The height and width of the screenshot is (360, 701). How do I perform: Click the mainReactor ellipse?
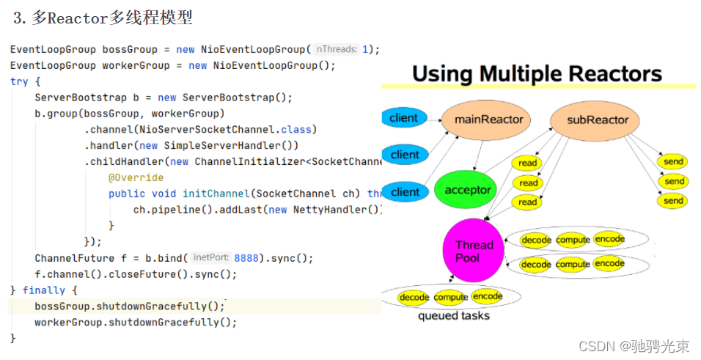coord(489,120)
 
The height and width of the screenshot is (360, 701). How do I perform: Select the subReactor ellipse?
coord(598,120)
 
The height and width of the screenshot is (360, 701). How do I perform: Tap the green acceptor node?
coord(468,190)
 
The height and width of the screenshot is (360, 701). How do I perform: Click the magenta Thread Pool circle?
coord(474,251)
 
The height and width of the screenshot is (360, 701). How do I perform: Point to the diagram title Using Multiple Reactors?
coord(537,74)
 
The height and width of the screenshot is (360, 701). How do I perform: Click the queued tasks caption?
coord(453,316)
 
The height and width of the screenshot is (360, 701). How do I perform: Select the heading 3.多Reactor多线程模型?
coord(103,18)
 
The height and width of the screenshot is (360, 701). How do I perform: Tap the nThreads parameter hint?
coord(337,49)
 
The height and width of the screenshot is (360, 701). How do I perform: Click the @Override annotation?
coord(136,177)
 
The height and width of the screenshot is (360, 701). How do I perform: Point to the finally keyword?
coord(44,290)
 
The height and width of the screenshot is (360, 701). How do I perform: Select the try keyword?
coord(19,81)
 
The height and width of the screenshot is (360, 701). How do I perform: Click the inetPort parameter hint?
coord(210,258)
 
